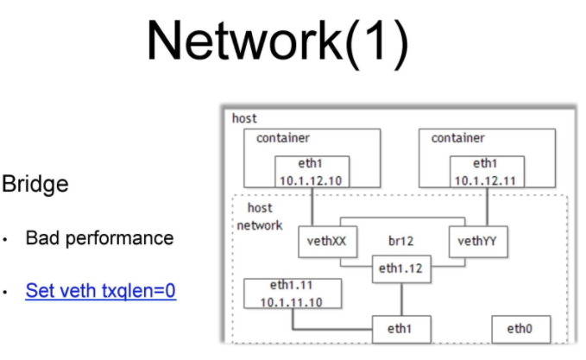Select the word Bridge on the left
click(x=35, y=184)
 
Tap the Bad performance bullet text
click(x=99, y=237)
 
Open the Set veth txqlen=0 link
click(x=101, y=291)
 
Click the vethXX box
click(x=326, y=243)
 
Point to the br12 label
click(x=403, y=243)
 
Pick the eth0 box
click(x=520, y=329)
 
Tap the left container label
click(x=283, y=138)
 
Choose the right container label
click(x=458, y=138)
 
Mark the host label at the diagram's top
click(x=244, y=117)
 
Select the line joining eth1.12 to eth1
click(x=401, y=299)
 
